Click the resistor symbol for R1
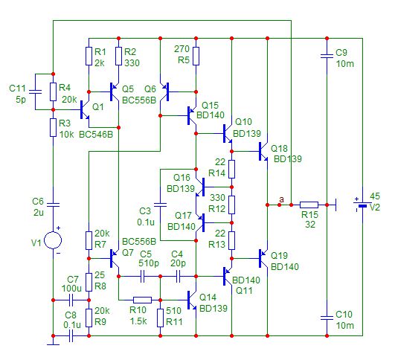point(89,56)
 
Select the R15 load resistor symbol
point(309,205)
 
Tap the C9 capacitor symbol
point(327,56)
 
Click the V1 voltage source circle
point(53,240)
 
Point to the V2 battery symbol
point(362,205)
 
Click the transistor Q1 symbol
point(85,109)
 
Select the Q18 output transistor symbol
point(263,152)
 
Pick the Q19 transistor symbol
point(263,259)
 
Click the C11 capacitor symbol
point(35,91)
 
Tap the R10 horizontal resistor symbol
point(142,300)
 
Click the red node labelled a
point(280,205)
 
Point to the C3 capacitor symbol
point(161,205)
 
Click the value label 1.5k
point(138,321)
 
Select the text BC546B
point(96,134)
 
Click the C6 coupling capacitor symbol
point(53,205)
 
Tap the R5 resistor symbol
point(196,56)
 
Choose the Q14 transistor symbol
point(192,300)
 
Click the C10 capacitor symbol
point(327,318)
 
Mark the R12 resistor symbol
point(232,205)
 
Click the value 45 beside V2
point(375,196)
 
